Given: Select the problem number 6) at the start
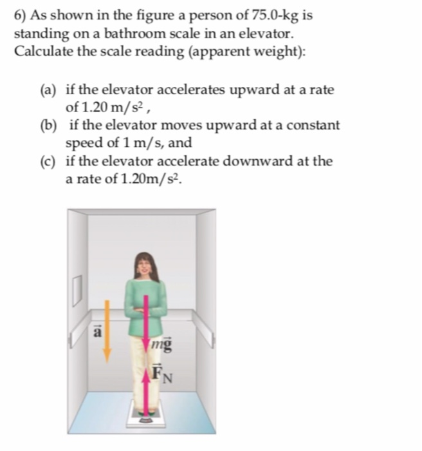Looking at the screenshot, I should click(20, 15).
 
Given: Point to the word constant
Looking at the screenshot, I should click(315, 126).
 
